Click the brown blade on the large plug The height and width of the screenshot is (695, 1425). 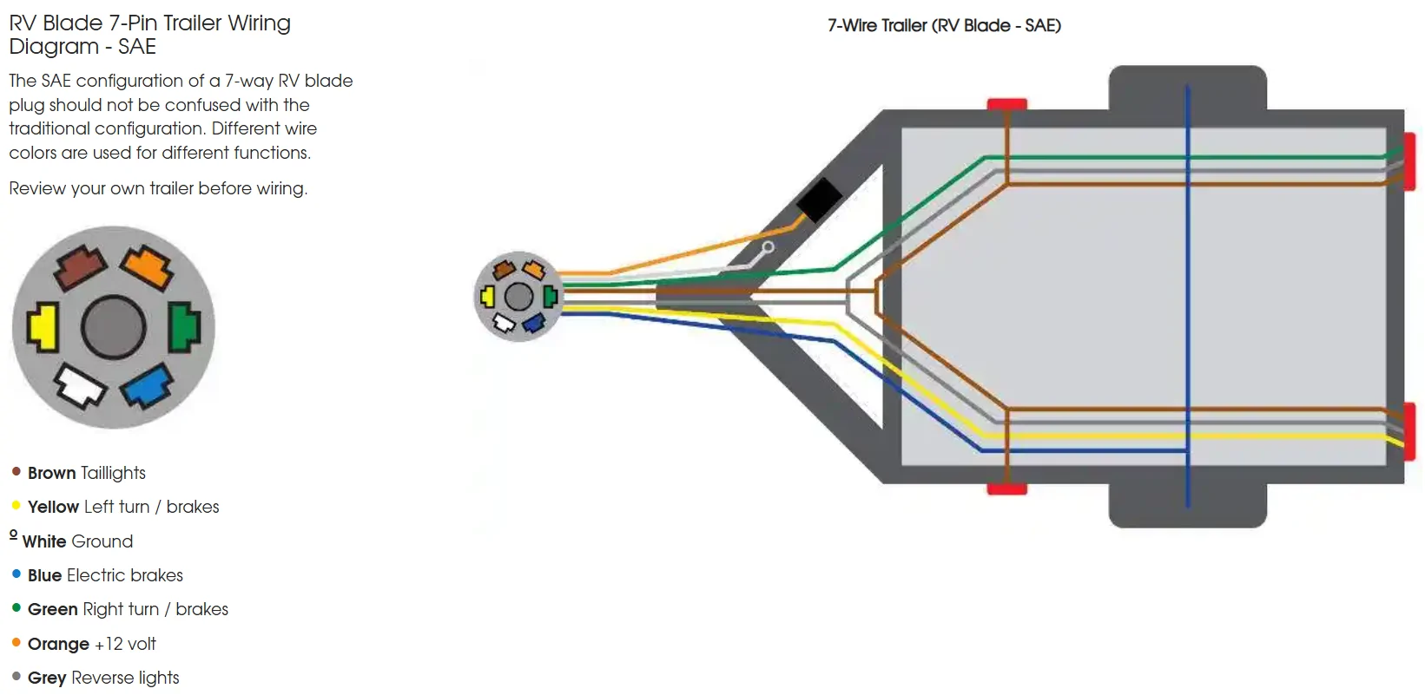pos(80,268)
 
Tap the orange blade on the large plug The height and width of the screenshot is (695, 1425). pos(147,268)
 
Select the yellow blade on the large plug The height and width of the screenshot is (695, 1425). pos(43,327)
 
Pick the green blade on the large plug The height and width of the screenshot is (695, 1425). pos(184,327)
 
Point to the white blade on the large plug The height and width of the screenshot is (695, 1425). pos(80,386)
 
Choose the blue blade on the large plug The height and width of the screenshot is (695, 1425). pos(147,386)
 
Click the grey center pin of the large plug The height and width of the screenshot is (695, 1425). pos(113,328)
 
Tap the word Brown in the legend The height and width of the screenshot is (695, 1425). pos(51,473)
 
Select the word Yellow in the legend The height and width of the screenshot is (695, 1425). pos(54,507)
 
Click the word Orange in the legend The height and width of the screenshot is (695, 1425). pos(58,644)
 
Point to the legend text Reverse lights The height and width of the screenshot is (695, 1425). pos(125,678)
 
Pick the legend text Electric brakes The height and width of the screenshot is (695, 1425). pos(125,575)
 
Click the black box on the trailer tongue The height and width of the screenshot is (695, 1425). pos(820,200)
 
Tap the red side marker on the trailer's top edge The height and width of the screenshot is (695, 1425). pos(1006,104)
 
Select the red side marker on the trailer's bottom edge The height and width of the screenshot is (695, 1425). pos(1006,488)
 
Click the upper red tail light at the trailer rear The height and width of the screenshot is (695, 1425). pos(1410,161)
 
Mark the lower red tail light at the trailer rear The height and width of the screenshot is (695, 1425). pos(1410,432)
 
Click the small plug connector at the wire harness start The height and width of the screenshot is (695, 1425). pos(518,297)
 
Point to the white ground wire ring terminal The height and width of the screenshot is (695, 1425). pos(769,247)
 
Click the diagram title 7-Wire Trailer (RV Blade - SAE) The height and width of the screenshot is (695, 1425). pos(944,26)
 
